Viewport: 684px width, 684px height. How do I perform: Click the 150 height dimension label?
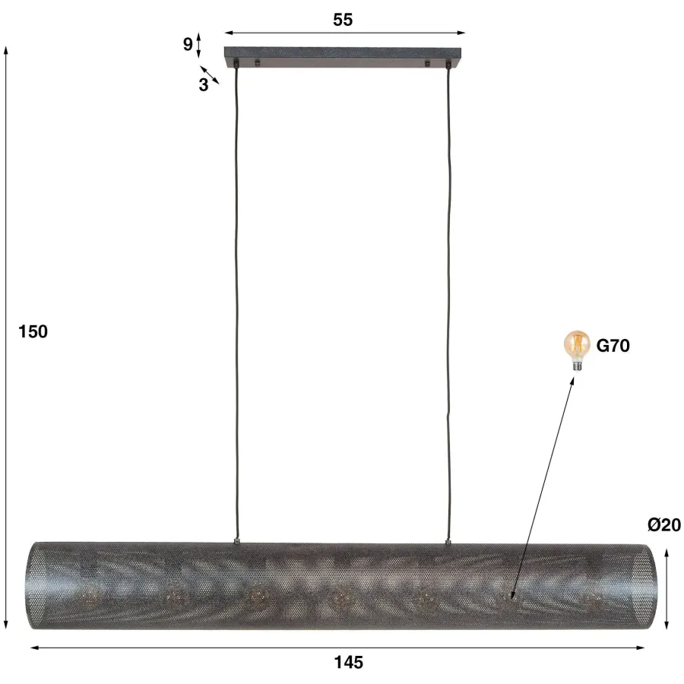coord(33,332)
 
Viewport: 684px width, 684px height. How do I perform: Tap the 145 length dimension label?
coord(349,662)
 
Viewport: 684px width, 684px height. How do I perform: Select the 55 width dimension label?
coord(343,20)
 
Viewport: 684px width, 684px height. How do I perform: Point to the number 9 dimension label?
coord(188,44)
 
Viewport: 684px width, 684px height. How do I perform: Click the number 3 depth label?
coord(203,85)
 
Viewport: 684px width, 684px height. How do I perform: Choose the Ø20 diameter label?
coord(664,524)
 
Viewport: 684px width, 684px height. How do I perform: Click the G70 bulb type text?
coord(613,346)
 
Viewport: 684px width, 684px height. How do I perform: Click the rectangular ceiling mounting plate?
coord(344,57)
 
